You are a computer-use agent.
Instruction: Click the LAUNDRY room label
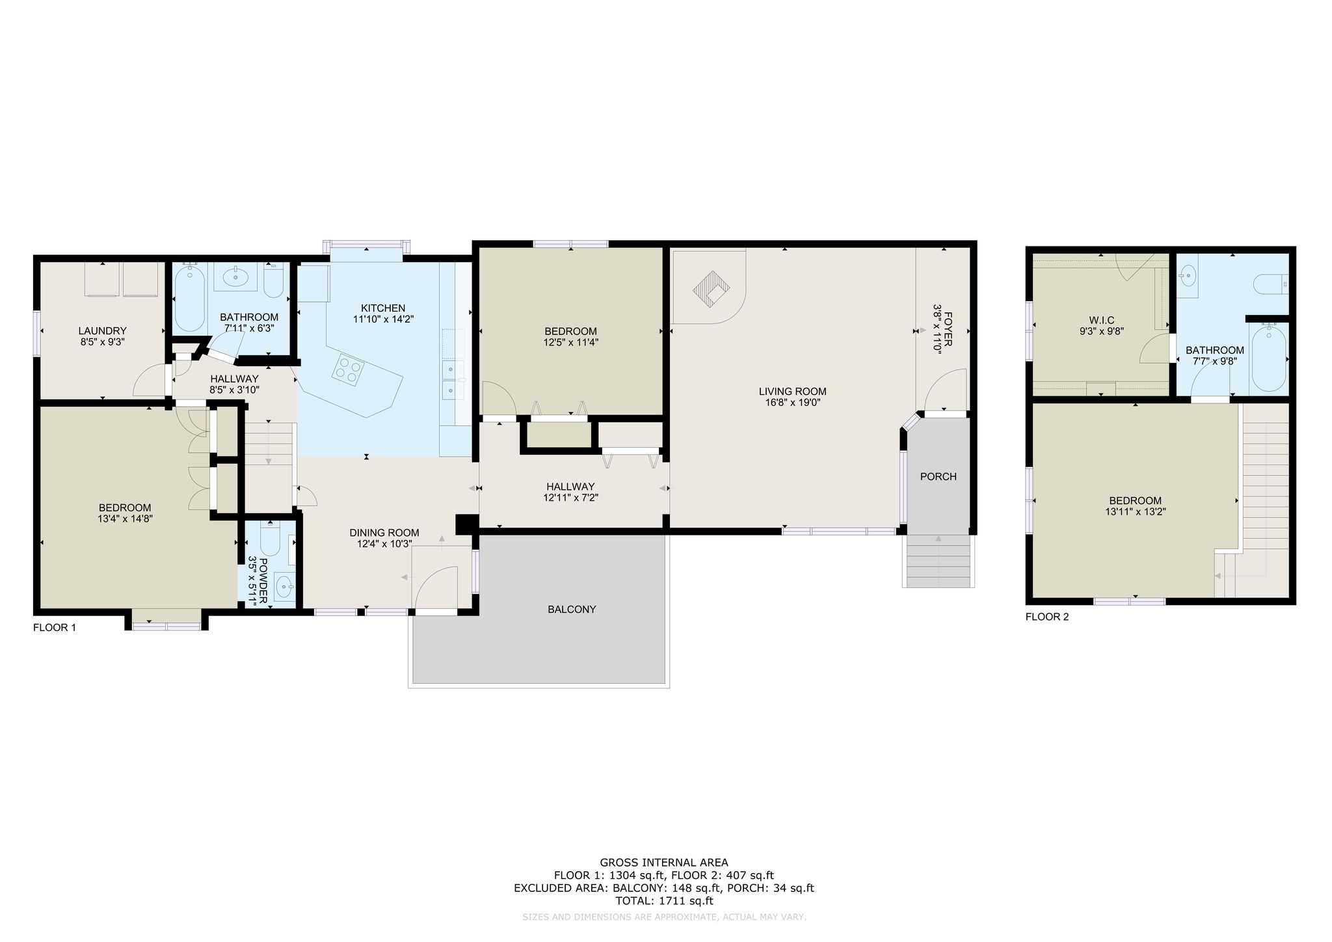102,330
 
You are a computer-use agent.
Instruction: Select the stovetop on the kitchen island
347,370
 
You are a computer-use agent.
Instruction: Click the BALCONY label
572,610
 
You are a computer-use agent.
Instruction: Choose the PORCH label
939,477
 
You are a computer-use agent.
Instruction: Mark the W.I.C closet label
1102,320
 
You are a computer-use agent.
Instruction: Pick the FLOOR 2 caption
1047,617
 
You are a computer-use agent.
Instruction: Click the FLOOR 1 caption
55,628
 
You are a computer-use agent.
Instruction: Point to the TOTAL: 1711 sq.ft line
664,901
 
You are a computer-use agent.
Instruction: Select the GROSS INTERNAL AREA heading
664,863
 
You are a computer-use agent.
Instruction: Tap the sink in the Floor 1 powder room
284,586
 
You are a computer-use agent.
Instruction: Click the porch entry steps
939,561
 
